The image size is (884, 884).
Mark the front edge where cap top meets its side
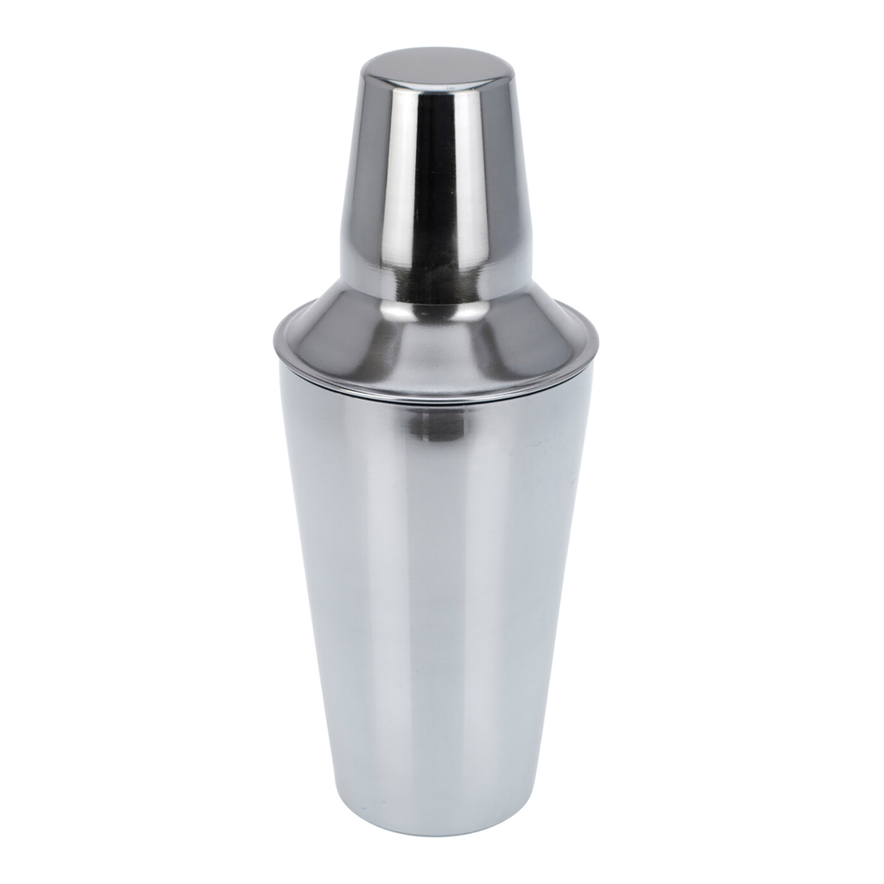click(x=433, y=86)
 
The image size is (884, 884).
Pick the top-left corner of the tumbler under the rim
click(x=281, y=363)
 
